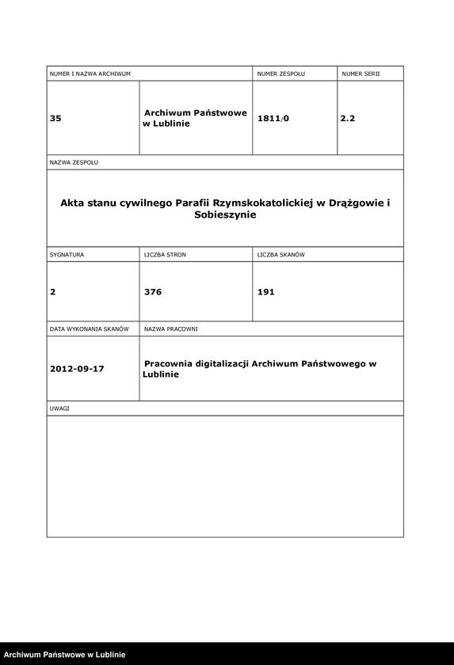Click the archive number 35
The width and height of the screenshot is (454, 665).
click(x=55, y=118)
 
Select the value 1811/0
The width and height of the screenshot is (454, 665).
click(x=273, y=118)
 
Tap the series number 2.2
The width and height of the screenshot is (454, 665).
click(x=348, y=118)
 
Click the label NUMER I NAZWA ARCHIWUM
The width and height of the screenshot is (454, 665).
click(x=90, y=74)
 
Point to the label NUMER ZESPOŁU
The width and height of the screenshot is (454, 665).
click(x=280, y=74)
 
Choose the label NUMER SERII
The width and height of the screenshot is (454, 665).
click(x=361, y=74)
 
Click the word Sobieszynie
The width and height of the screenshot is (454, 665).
click(x=225, y=215)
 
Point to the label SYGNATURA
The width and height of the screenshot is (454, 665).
click(x=67, y=255)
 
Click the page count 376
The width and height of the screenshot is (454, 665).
click(x=153, y=292)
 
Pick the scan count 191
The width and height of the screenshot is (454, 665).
click(x=266, y=292)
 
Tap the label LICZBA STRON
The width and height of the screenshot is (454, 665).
click(x=165, y=255)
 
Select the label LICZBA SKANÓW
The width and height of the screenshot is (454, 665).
click(x=281, y=255)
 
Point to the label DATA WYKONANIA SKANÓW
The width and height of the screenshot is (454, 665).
click(x=89, y=329)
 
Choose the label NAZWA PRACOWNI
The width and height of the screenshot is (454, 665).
click(x=170, y=329)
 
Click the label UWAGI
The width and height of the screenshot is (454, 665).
click(x=59, y=408)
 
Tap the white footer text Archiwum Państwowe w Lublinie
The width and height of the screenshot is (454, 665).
click(x=65, y=655)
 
